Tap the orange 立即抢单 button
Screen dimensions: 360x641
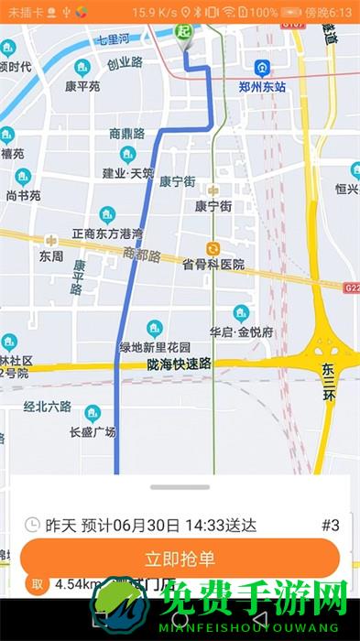(180, 559)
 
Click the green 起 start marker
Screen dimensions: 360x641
(184, 33)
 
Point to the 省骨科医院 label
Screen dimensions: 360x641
(213, 265)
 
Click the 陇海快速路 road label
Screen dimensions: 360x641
(179, 364)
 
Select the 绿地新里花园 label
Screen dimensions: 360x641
(155, 347)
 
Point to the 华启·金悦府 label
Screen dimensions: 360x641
(241, 332)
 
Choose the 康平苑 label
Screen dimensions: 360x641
(82, 86)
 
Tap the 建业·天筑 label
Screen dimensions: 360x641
(127, 173)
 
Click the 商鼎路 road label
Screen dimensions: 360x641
(127, 133)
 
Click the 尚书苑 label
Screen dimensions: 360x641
(23, 195)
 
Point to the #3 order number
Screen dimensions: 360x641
(331, 526)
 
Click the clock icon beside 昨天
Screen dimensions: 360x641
(32, 526)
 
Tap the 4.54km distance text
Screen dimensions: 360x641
(75, 584)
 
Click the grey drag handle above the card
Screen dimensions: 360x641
(180, 487)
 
